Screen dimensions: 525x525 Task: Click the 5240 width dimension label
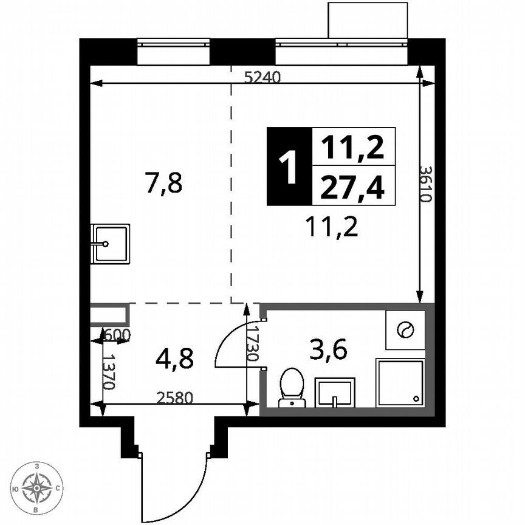(262, 77)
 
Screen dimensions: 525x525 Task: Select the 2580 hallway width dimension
(174, 399)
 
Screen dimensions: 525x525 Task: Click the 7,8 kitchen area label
(163, 182)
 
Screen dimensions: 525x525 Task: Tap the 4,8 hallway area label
(174, 359)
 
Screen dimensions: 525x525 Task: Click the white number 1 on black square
(289, 166)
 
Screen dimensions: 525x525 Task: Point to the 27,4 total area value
(353, 188)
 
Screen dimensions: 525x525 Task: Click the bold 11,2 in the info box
(353, 146)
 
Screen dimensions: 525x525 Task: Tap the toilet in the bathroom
(292, 386)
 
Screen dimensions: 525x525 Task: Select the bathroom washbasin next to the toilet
(334, 391)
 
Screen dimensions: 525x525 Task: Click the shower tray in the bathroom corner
(400, 382)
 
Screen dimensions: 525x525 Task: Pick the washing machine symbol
(405, 330)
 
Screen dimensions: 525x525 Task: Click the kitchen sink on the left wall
(110, 244)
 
